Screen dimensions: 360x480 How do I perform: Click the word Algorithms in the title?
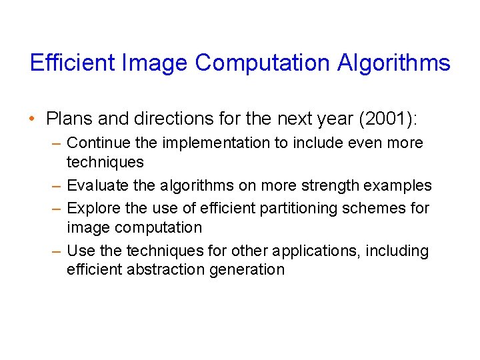393,63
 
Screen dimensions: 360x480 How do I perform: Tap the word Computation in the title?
263,63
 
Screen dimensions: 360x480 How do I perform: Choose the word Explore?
92,208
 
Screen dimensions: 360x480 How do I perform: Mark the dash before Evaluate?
58,186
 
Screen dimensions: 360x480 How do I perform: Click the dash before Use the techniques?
58,251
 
